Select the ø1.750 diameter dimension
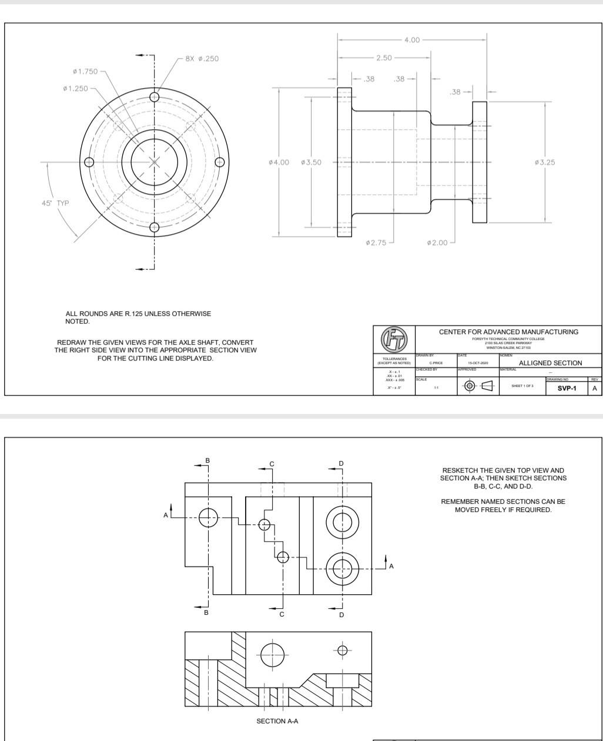point(83,72)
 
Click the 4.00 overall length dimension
point(412,40)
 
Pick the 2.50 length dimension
point(385,58)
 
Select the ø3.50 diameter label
point(311,163)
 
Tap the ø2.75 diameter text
point(375,242)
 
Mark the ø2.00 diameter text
point(437,242)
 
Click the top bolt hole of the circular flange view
point(155,97)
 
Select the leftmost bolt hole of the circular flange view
point(89,162)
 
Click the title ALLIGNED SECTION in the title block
point(550,363)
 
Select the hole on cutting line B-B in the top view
point(208,517)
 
